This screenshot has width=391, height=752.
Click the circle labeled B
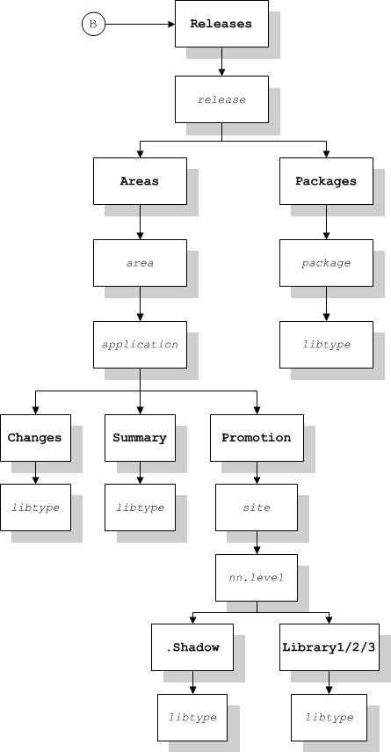point(93,24)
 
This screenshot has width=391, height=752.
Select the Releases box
point(221,24)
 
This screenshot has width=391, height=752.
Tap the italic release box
point(221,99)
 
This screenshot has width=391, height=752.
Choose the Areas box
point(140,181)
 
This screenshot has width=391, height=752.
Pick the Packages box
point(326,181)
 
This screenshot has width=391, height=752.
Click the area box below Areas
point(140,263)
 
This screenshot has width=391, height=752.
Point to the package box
point(326,263)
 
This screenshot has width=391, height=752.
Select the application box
point(140,345)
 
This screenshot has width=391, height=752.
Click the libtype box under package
point(326,345)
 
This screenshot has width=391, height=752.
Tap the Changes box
point(35,438)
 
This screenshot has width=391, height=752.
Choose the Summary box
point(140,438)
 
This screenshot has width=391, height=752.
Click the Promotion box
point(257,438)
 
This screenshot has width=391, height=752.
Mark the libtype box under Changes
point(35,507)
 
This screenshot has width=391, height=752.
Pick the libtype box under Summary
point(140,507)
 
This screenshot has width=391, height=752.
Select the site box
point(257,507)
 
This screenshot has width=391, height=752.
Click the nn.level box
point(257,578)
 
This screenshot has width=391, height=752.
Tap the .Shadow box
point(192,647)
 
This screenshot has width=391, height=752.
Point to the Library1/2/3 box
point(329,647)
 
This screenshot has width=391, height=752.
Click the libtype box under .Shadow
point(192,718)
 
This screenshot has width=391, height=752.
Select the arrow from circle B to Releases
point(140,24)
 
